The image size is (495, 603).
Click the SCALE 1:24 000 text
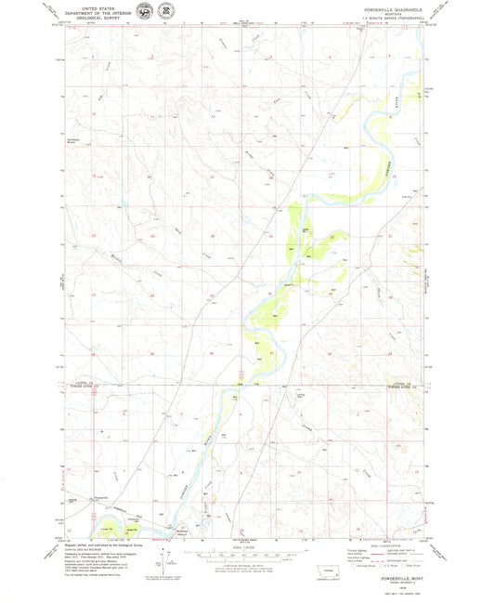(244, 545)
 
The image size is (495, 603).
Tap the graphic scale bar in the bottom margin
(244, 555)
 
